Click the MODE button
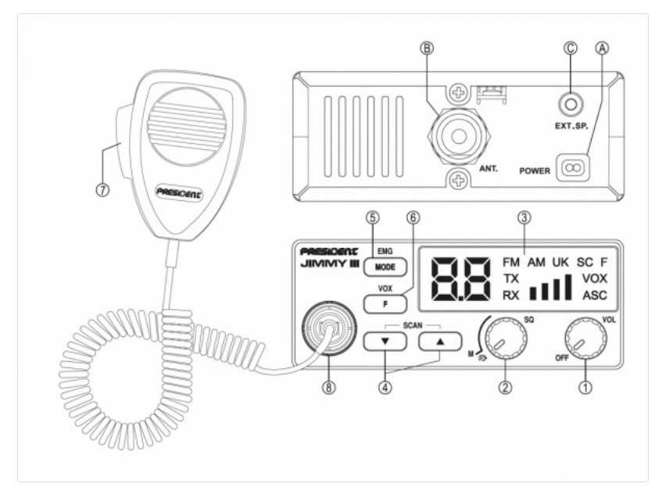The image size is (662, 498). point(385,267)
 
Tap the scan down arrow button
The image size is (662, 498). point(385,342)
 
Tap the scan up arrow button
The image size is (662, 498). point(440,342)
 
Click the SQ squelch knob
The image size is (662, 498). point(506,338)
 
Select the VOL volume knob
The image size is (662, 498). point(585,338)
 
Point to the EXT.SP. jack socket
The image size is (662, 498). point(571,104)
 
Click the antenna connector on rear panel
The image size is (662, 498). point(459,136)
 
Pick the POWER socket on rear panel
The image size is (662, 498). point(572,168)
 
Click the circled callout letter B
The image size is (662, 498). point(427,48)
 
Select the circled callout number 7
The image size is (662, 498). point(102,190)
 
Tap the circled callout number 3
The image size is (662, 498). point(524,218)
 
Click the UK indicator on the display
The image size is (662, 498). point(560,263)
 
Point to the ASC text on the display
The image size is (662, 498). point(595,296)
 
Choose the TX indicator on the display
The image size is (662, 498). point(510,279)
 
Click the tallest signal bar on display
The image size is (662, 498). point(568,287)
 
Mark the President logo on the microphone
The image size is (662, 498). point(180,193)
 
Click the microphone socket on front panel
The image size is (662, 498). point(329,328)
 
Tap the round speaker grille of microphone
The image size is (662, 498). point(186,126)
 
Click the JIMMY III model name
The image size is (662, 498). point(330,264)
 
